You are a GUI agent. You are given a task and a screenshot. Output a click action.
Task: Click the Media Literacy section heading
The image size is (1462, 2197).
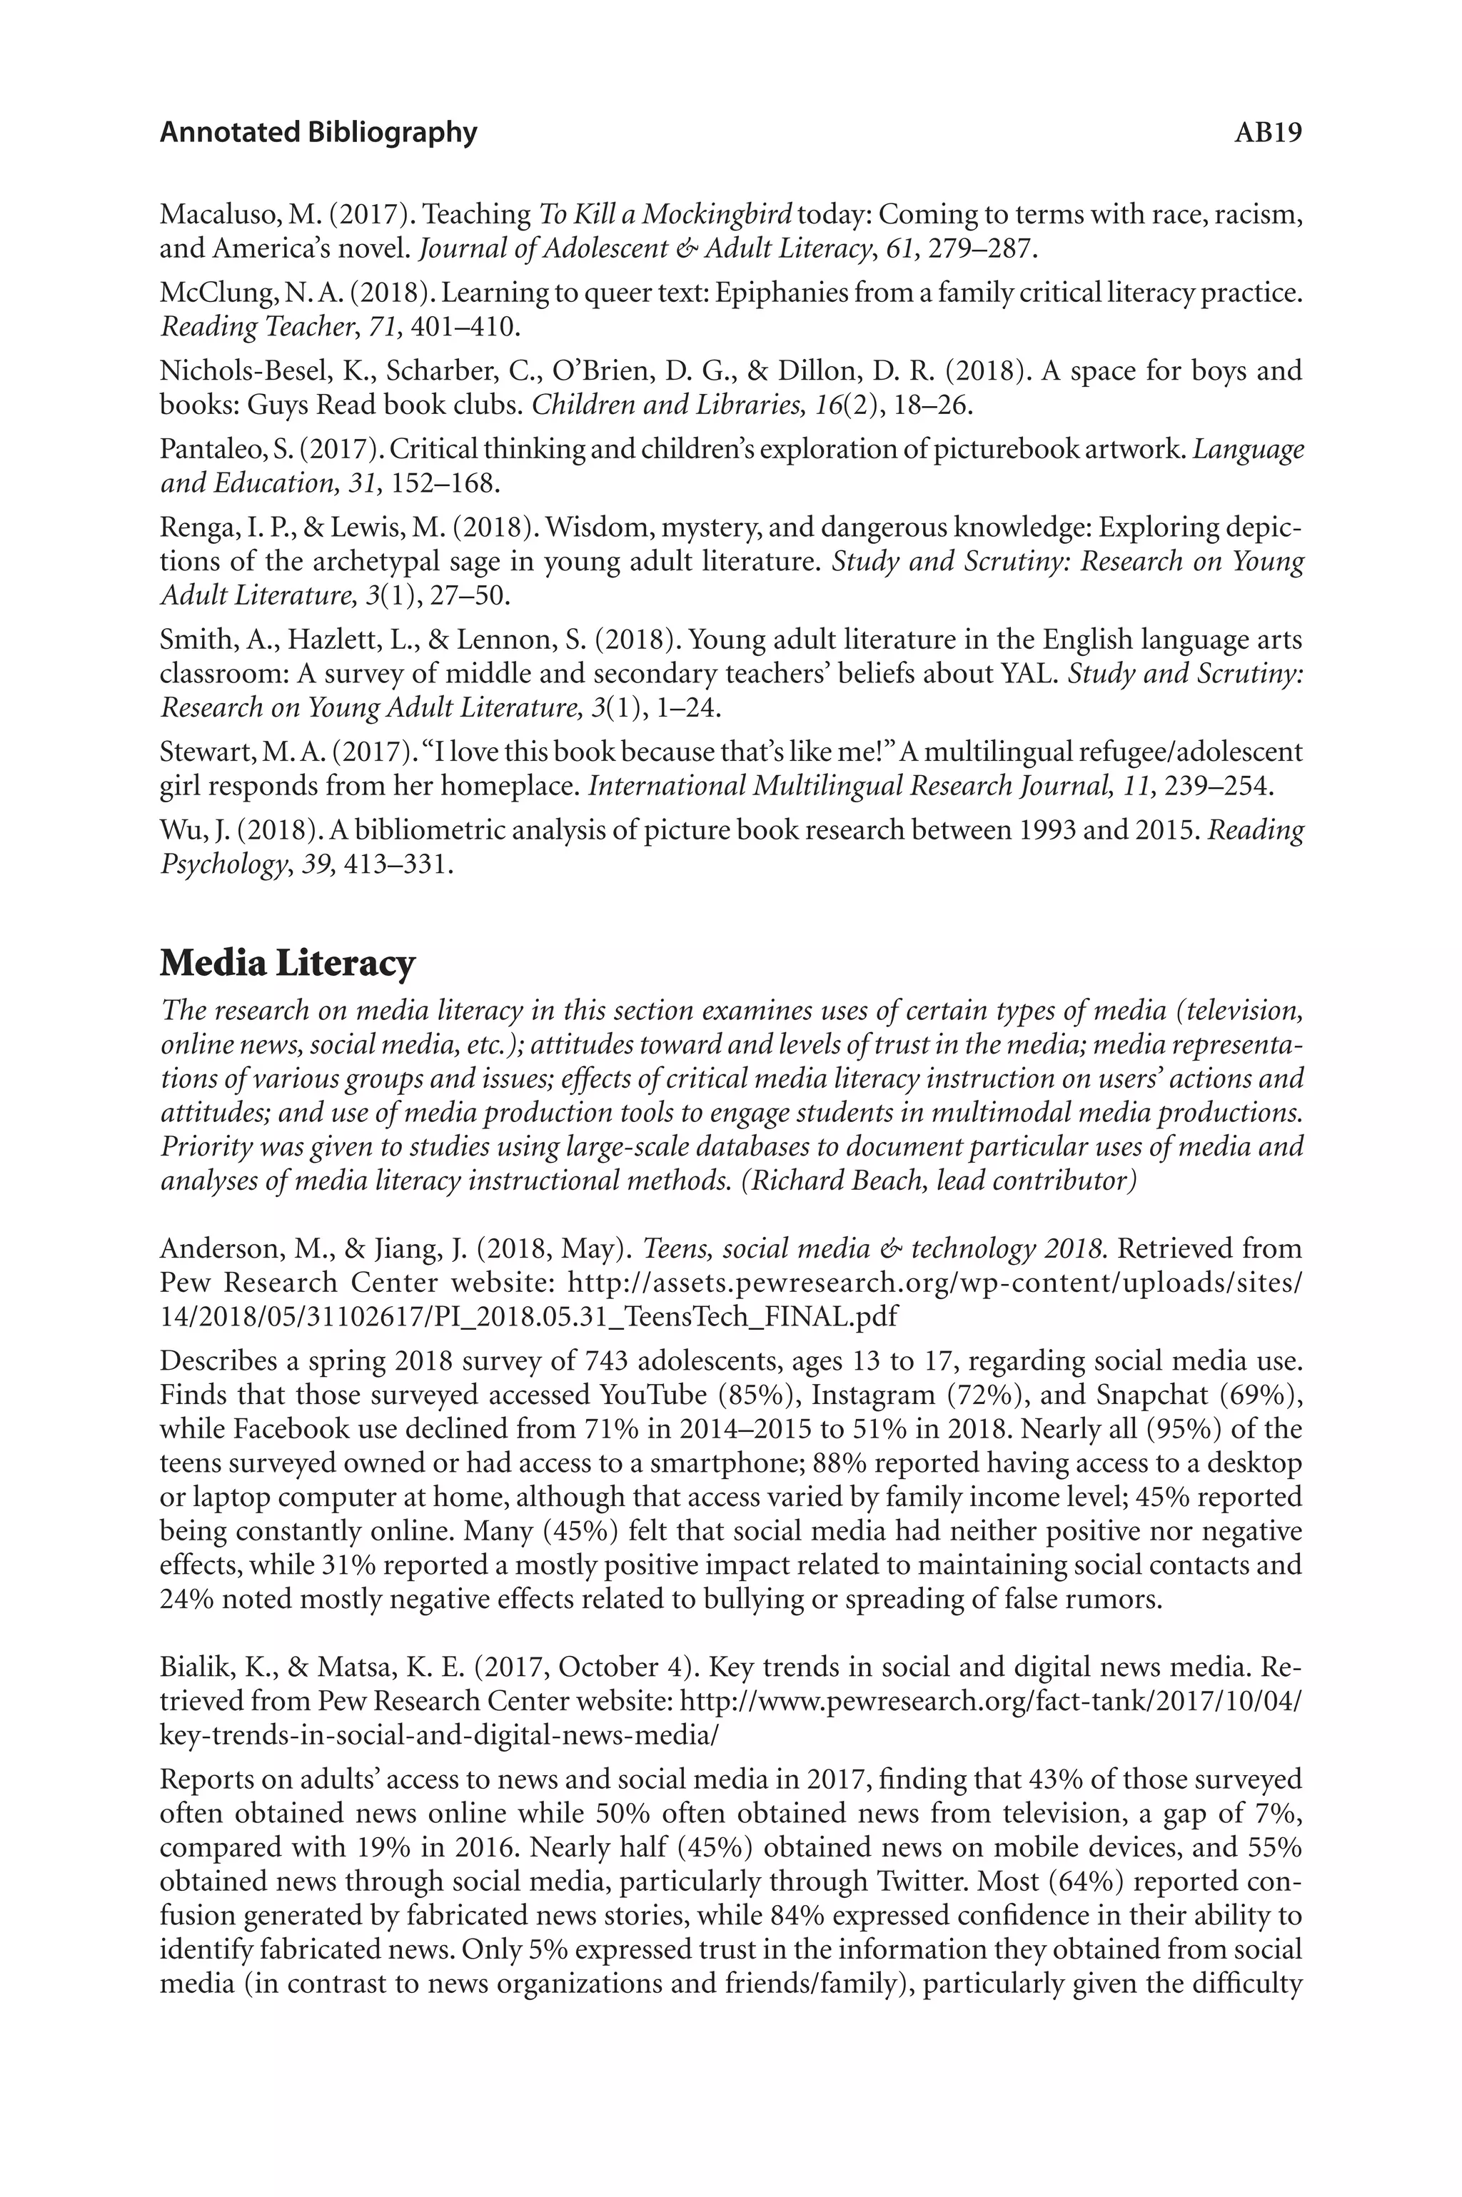[287, 963]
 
